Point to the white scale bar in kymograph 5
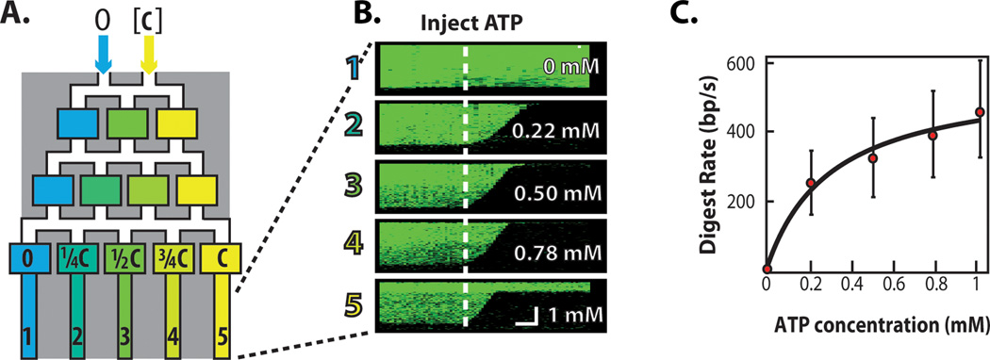click(x=525, y=320)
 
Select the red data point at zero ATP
click(x=767, y=270)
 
